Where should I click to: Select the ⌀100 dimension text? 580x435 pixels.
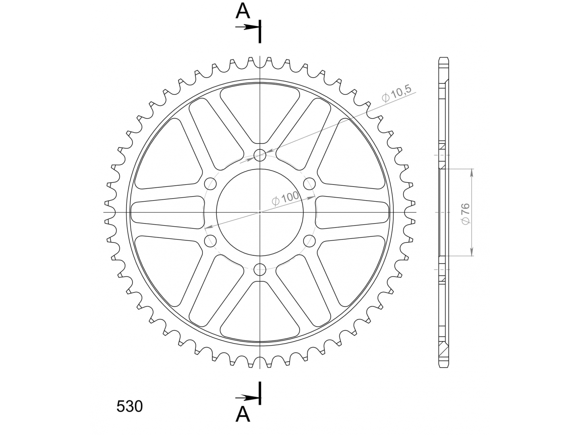[286, 198]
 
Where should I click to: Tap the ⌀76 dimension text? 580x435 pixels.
[466, 214]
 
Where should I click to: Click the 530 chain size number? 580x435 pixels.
[129, 406]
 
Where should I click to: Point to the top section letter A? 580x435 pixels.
[242, 11]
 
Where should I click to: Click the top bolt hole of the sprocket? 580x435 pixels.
[260, 155]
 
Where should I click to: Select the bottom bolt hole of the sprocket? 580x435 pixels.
[260, 270]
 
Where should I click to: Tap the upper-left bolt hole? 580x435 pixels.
[210, 184]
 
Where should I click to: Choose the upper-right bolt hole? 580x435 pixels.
[309, 184]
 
